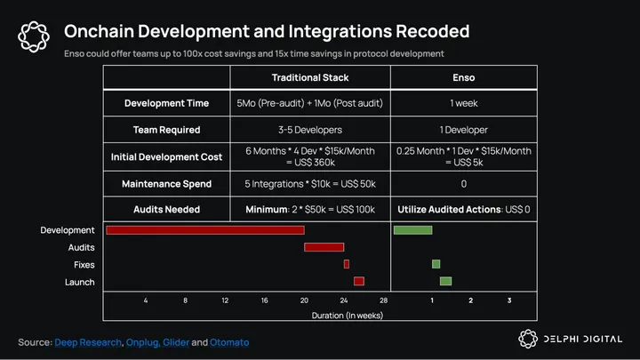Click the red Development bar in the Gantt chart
coord(204,230)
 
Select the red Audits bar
coord(324,247)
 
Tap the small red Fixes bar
coord(347,264)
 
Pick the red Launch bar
coord(359,281)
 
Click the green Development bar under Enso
coord(412,230)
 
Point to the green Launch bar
coord(445,281)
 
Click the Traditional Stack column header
coord(309,78)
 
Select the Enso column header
coord(463,78)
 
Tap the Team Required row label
coord(167,130)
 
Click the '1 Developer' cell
coord(463,130)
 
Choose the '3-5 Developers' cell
coord(309,130)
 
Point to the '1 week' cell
coord(463,103)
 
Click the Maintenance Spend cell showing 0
coord(463,184)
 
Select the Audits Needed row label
coord(167,210)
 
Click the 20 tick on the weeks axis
coord(304,300)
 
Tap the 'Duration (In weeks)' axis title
coord(348,316)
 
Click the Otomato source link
coord(229,342)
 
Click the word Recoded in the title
coord(423,32)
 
